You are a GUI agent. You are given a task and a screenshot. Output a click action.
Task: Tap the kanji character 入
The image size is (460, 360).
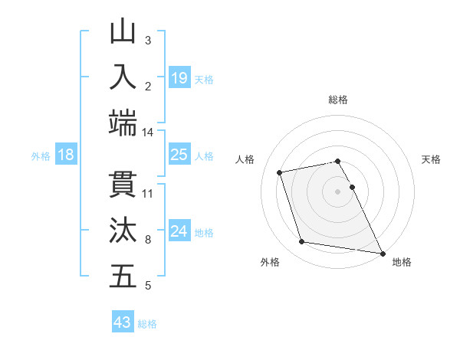click(123, 77)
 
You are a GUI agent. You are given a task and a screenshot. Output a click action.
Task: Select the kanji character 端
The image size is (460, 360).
click(123, 123)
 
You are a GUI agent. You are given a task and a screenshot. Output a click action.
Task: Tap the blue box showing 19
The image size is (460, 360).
click(179, 77)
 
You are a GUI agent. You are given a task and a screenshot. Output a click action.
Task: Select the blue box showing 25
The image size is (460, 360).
click(179, 154)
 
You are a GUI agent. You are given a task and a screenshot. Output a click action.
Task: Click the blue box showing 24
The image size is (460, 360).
click(179, 231)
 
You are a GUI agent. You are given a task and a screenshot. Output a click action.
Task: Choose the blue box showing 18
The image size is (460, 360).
click(66, 155)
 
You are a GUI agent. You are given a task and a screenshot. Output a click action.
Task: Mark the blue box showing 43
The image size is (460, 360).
click(123, 322)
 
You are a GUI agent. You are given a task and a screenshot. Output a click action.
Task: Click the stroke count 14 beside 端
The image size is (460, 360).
click(147, 132)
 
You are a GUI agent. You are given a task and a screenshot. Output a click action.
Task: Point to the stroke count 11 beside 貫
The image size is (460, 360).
click(148, 193)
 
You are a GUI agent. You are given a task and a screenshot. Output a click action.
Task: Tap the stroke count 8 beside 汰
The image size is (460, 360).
click(148, 239)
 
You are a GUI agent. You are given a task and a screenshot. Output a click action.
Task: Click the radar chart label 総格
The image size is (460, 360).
click(338, 100)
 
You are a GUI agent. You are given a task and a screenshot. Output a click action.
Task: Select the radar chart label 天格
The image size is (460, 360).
click(432, 159)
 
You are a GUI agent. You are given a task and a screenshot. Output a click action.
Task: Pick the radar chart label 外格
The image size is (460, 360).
click(270, 263)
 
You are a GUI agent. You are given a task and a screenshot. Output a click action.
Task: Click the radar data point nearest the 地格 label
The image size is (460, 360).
click(381, 253)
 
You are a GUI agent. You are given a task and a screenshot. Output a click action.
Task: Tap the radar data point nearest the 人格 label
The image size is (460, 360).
click(280, 172)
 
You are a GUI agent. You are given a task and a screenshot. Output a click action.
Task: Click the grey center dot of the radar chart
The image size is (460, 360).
click(338, 191)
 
